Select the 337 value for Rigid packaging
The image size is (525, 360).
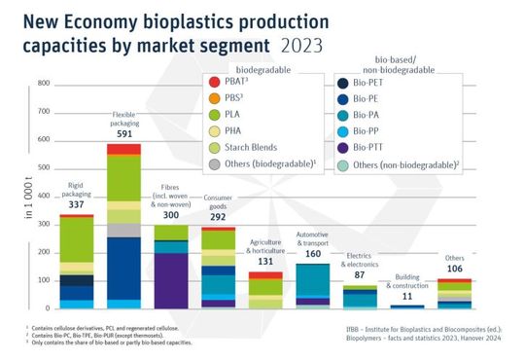76,204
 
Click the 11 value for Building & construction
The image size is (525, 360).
406,293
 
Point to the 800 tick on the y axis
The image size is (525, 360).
44,84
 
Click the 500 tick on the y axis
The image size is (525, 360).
44,168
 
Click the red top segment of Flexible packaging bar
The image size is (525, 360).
123,149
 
